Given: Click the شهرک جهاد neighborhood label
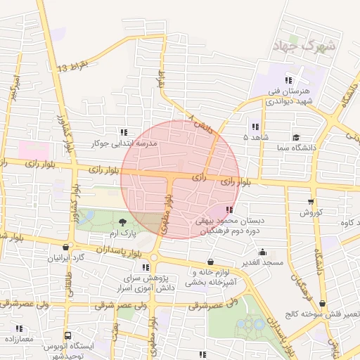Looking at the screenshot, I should tap(309, 46).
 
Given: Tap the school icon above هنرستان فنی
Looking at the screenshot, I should tap(288, 79).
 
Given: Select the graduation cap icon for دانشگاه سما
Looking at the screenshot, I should tap(296, 137).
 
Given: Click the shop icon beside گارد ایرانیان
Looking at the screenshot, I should tap(66, 247).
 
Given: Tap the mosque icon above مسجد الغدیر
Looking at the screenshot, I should tap(263, 252).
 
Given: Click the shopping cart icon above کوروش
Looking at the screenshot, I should tap(311, 202).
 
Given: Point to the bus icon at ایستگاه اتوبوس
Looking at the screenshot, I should tap(67, 336).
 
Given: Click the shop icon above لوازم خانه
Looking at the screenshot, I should tap(210, 262).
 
